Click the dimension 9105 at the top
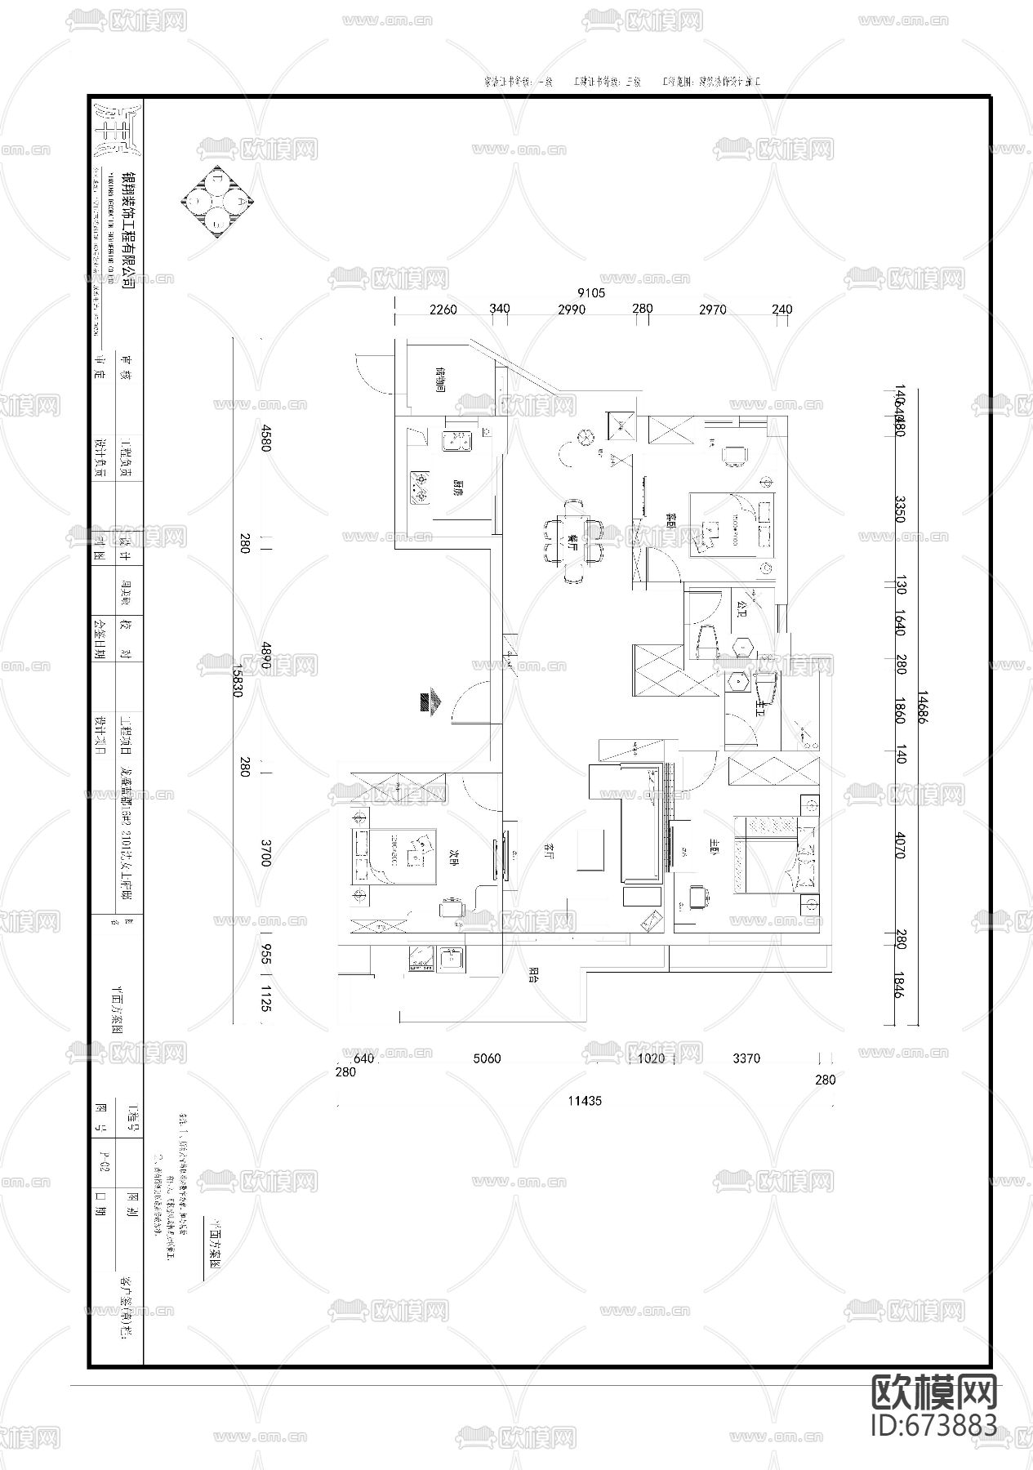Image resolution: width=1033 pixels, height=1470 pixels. (591, 292)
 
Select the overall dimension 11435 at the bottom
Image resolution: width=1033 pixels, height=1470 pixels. (585, 1100)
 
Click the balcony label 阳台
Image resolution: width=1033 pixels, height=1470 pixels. (533, 972)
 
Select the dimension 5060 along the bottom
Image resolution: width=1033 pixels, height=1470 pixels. (488, 1058)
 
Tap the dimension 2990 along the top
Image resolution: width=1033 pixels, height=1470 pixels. (572, 310)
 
